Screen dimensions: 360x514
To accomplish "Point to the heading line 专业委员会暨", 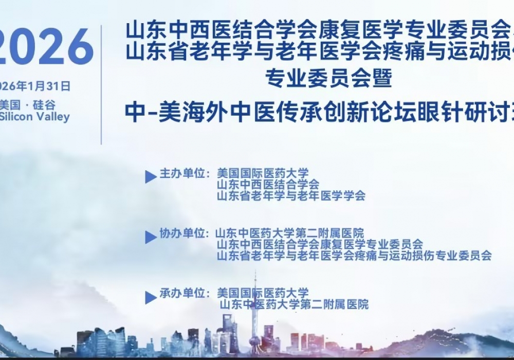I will coord(328,78).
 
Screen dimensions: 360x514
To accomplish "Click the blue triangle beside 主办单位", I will coord(151,177).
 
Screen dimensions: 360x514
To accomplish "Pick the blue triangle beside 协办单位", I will coord(151,237).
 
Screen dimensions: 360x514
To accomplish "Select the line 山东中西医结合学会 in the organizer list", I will coord(268,185).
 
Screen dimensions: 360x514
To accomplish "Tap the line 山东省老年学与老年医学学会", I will coord(291,196).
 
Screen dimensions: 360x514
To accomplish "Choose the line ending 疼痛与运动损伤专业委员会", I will coord(354,255).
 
